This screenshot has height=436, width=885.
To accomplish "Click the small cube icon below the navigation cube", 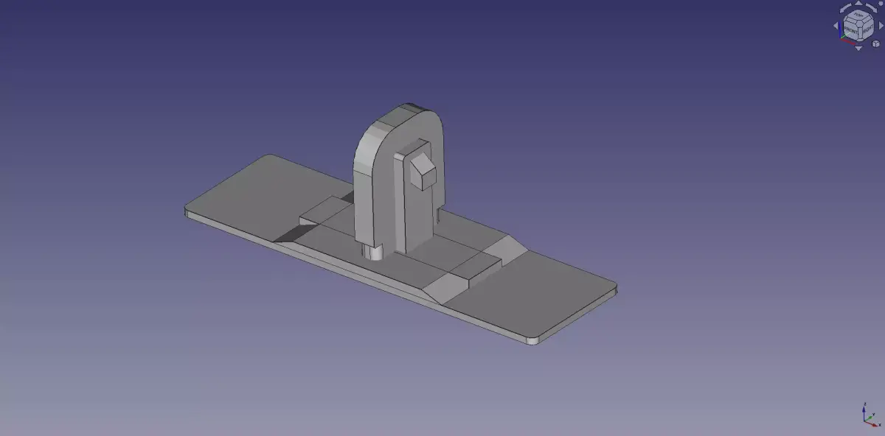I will (875, 43).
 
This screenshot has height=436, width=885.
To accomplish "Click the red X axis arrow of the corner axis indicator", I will (878, 424).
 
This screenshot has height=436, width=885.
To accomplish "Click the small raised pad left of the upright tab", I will (324, 213).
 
